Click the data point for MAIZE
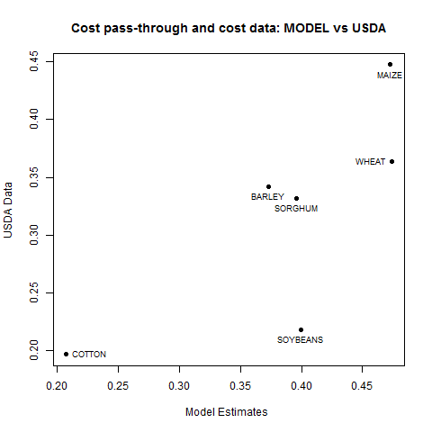click(x=390, y=65)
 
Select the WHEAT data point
click(x=391, y=162)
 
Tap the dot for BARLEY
click(x=268, y=187)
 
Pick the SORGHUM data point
click(x=296, y=199)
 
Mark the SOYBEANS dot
click(x=301, y=330)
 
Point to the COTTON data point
click(x=67, y=355)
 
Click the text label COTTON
click(x=89, y=355)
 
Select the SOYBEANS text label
click(x=300, y=340)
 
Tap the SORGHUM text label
click(x=296, y=209)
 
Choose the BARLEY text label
click(x=267, y=197)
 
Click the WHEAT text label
click(x=370, y=162)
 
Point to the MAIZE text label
click(x=390, y=76)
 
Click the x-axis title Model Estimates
click(x=227, y=412)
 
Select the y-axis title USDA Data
click(x=8, y=210)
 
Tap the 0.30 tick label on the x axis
click(x=179, y=386)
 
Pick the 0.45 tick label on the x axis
click(x=362, y=386)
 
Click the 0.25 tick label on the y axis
click(x=34, y=292)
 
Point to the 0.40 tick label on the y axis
click(x=34, y=119)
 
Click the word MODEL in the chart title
click(x=306, y=28)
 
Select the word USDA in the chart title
click(x=369, y=28)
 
